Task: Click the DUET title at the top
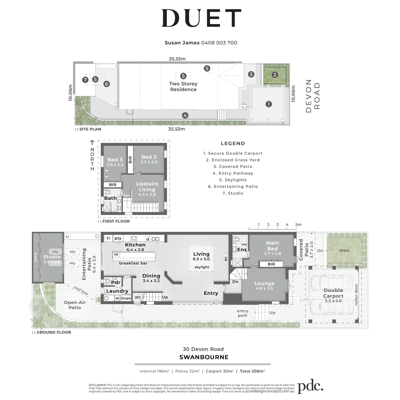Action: pyautogui.click(x=201, y=18)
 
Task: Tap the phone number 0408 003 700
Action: pyautogui.click(x=219, y=43)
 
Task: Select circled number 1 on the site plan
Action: pyautogui.click(x=269, y=104)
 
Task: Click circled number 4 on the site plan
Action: pyautogui.click(x=185, y=115)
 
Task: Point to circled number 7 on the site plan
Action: pyautogui.click(x=85, y=80)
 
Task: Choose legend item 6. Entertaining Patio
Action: pyautogui.click(x=233, y=186)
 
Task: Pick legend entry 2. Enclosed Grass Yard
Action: pyautogui.click(x=233, y=160)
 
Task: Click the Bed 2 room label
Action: pyautogui.click(x=149, y=157)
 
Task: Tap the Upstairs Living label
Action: pyautogui.click(x=147, y=187)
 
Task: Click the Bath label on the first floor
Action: pyautogui.click(x=110, y=198)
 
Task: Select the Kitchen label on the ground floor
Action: pyautogui.click(x=135, y=245)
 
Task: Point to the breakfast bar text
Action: pyautogui.click(x=133, y=263)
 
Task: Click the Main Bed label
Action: pyautogui.click(x=273, y=246)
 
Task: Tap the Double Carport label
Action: pyautogui.click(x=333, y=293)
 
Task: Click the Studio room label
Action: pyautogui.click(x=52, y=257)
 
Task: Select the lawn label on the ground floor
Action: pyautogui.click(x=344, y=250)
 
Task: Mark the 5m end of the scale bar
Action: pyautogui.click(x=296, y=229)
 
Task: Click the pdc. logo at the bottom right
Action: pyautogui.click(x=311, y=387)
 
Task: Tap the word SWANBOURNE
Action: pyautogui.click(x=204, y=357)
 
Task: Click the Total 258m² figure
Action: pyautogui.click(x=252, y=371)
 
